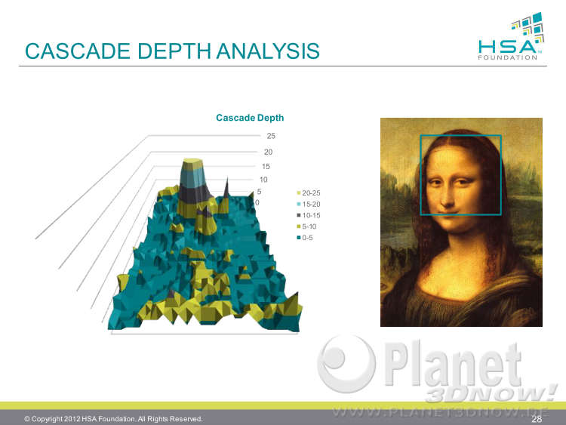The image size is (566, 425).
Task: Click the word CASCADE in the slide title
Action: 78,51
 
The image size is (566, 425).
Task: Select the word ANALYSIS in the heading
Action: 268,51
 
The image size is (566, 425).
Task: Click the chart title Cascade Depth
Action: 250,118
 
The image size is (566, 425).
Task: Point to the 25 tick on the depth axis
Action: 271,136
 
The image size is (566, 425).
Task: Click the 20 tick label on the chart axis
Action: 268,152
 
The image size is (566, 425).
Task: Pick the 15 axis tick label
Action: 266,167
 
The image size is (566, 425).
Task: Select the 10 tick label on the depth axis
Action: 263,180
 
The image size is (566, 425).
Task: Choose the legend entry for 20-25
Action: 309,193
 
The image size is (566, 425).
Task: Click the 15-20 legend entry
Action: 309,205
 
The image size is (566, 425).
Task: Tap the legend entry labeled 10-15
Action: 309,216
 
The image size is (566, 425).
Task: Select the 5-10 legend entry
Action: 306,226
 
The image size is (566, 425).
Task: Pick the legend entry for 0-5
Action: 305,238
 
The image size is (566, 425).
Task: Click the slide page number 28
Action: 537,419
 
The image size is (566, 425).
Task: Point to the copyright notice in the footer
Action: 113,419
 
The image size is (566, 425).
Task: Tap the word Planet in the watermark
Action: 453,363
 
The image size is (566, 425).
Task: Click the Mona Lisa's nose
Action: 446,197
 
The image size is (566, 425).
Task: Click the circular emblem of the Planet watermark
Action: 346,364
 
